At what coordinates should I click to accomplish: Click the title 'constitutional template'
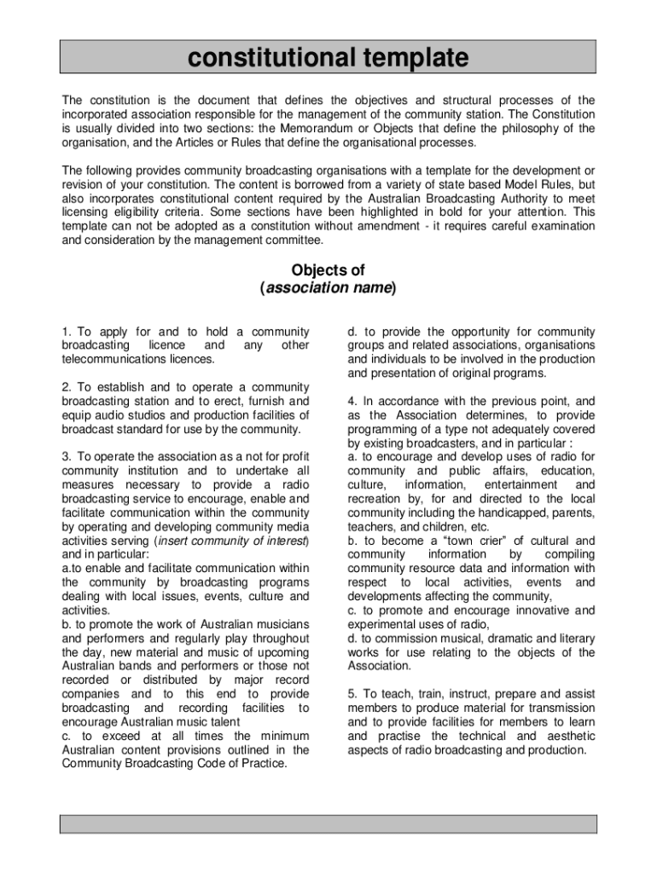pos(328,58)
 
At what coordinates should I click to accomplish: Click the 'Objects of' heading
pos(328,271)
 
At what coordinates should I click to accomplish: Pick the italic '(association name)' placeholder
pos(328,288)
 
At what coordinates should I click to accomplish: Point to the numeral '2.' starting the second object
pos(67,387)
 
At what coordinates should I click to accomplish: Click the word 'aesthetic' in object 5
pos(564,736)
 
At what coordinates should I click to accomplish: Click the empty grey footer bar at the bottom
pos(328,823)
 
